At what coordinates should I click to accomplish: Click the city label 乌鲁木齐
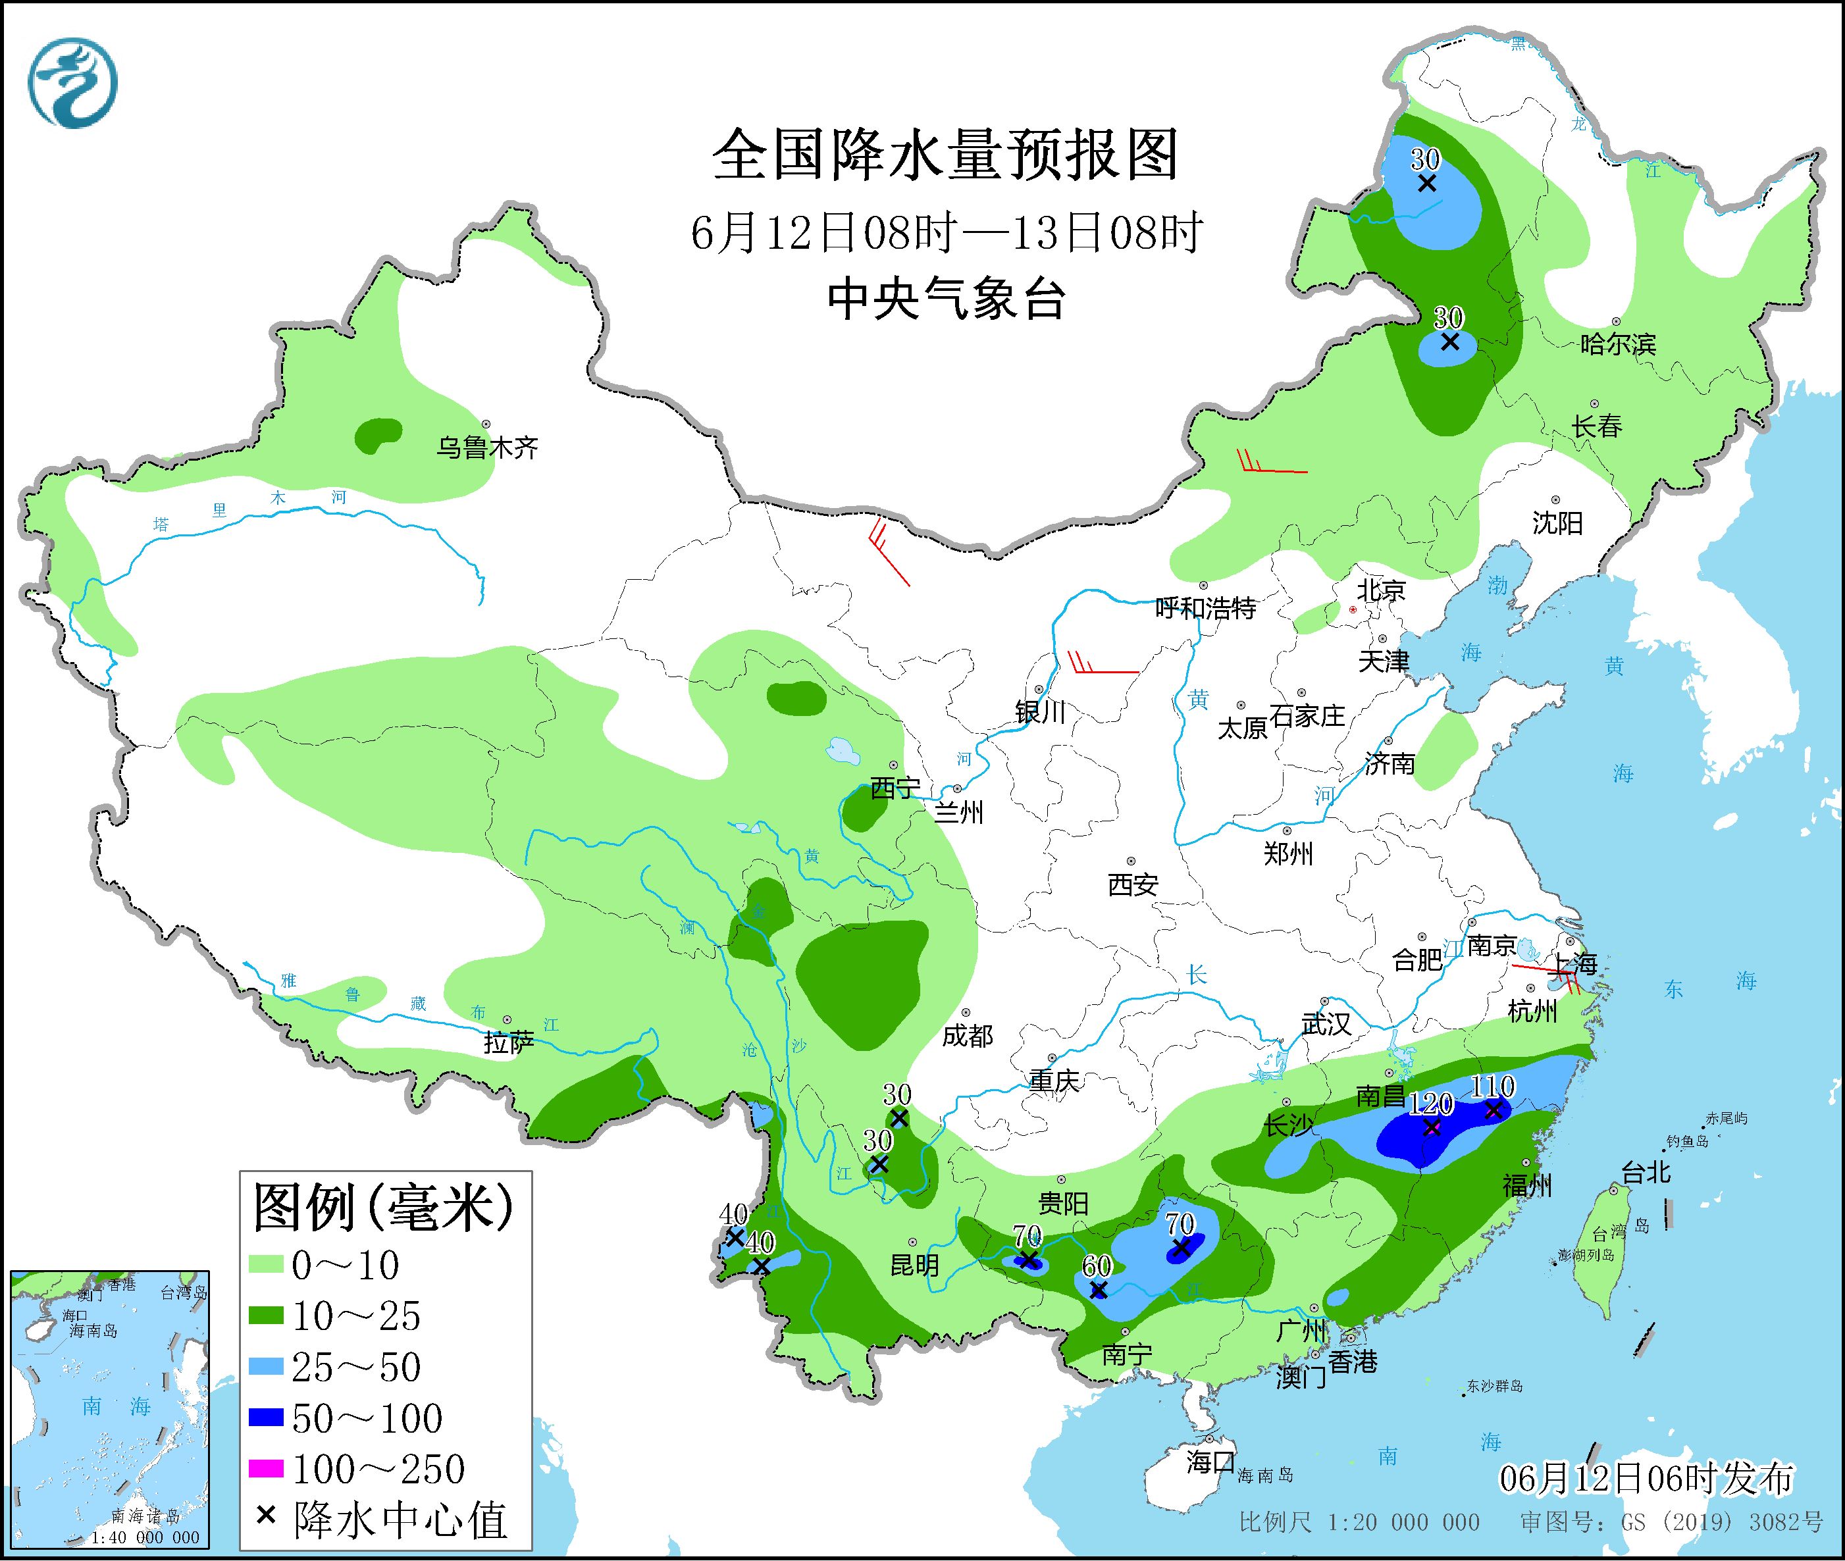[x=486, y=448]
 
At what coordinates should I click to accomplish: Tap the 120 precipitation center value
[x=1431, y=1104]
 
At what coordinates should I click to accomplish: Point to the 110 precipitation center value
[x=1493, y=1087]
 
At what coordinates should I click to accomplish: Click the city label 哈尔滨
[x=1617, y=344]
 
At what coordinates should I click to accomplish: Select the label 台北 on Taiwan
[x=1645, y=1173]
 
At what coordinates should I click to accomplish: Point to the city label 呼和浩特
[x=1205, y=608]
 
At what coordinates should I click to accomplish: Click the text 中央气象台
[x=946, y=299]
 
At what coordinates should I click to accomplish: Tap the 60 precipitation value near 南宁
[x=1097, y=1266]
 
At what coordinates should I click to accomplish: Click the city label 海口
[x=1210, y=1462]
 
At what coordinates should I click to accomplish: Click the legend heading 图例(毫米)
[x=383, y=1208]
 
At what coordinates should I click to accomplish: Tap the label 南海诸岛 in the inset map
[x=146, y=1517]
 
